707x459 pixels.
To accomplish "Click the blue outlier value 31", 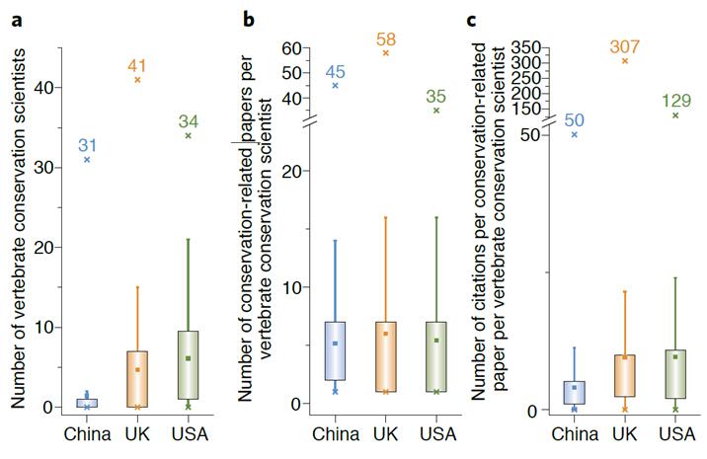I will coord(88,146).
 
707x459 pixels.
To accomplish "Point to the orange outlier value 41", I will coord(137,66).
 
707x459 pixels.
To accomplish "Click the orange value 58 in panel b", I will coord(385,39).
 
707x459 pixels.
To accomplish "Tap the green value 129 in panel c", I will coord(675,101).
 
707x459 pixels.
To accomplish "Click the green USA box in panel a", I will coord(188,365).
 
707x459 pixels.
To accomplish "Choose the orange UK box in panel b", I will coord(385,356).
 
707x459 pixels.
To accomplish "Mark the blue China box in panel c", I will coord(574,392).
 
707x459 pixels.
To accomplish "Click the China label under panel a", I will coord(87,434).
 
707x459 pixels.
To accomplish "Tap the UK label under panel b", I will coord(385,434).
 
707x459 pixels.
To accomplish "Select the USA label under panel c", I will coord(675,434).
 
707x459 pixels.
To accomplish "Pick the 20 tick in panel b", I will coord(287,171).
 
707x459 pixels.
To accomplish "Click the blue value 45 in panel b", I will coord(336,71).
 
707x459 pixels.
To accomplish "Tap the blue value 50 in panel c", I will coord(575,119).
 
